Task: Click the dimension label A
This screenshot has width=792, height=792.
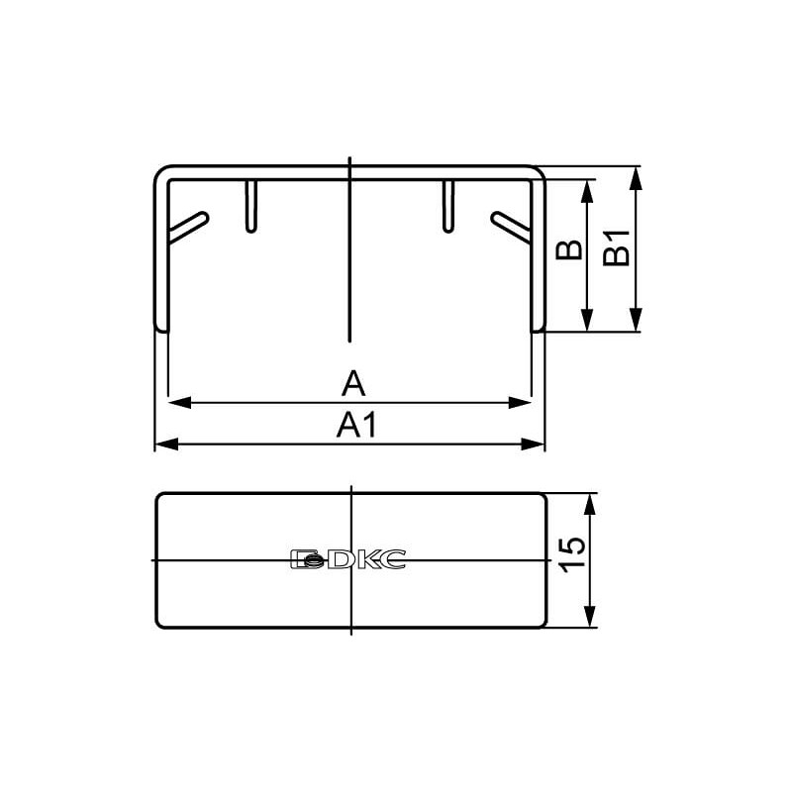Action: tap(353, 383)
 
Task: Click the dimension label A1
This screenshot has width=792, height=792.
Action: tap(356, 425)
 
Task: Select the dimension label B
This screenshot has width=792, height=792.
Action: tap(569, 250)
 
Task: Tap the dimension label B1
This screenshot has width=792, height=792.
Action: tap(617, 247)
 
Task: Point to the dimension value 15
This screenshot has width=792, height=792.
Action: tap(573, 554)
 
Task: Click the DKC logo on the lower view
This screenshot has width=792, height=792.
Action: tap(348, 559)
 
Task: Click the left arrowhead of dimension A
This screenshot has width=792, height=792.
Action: tap(180, 403)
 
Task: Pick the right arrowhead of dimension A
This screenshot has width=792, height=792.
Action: tap(520, 403)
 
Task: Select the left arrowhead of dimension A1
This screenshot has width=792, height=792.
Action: tap(166, 445)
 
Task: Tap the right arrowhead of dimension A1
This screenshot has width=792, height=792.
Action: tap(533, 445)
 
